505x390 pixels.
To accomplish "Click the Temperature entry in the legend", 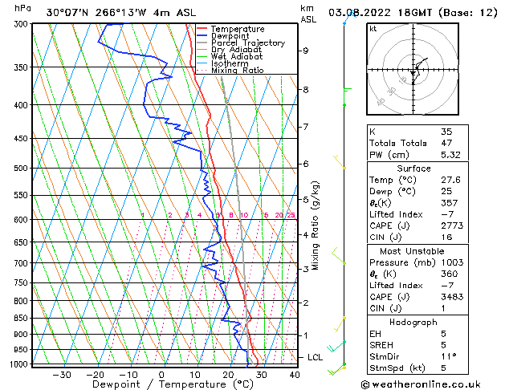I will (237, 29).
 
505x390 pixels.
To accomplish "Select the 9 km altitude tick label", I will (306, 51).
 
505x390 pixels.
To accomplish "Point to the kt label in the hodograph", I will (373, 29).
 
